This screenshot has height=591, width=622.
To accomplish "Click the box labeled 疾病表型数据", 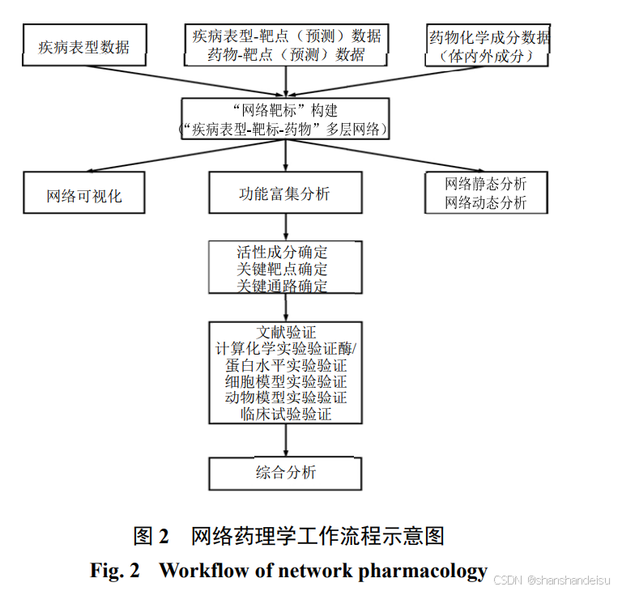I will pyautogui.click(x=83, y=46).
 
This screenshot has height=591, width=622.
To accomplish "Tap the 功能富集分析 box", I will pyautogui.click(x=285, y=193).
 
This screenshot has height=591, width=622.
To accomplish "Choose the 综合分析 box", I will pyautogui.click(x=285, y=472).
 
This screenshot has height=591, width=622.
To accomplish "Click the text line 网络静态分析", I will pyautogui.click(x=485, y=184).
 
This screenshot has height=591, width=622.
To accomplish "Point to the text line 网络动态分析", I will pyautogui.click(x=485, y=202).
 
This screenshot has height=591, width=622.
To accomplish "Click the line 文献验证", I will pyautogui.click(x=285, y=332).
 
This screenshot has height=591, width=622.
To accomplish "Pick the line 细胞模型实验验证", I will pyautogui.click(x=285, y=381).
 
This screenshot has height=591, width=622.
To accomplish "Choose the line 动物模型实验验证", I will pyautogui.click(x=285, y=398).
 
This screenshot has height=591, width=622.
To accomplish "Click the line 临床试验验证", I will pyautogui.click(x=285, y=415).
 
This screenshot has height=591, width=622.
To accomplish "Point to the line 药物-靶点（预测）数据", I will pyautogui.click(x=286, y=55).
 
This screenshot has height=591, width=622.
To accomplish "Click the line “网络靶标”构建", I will pyautogui.click(x=285, y=110).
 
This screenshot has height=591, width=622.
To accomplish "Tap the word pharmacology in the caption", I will pyautogui.click(x=423, y=570).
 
